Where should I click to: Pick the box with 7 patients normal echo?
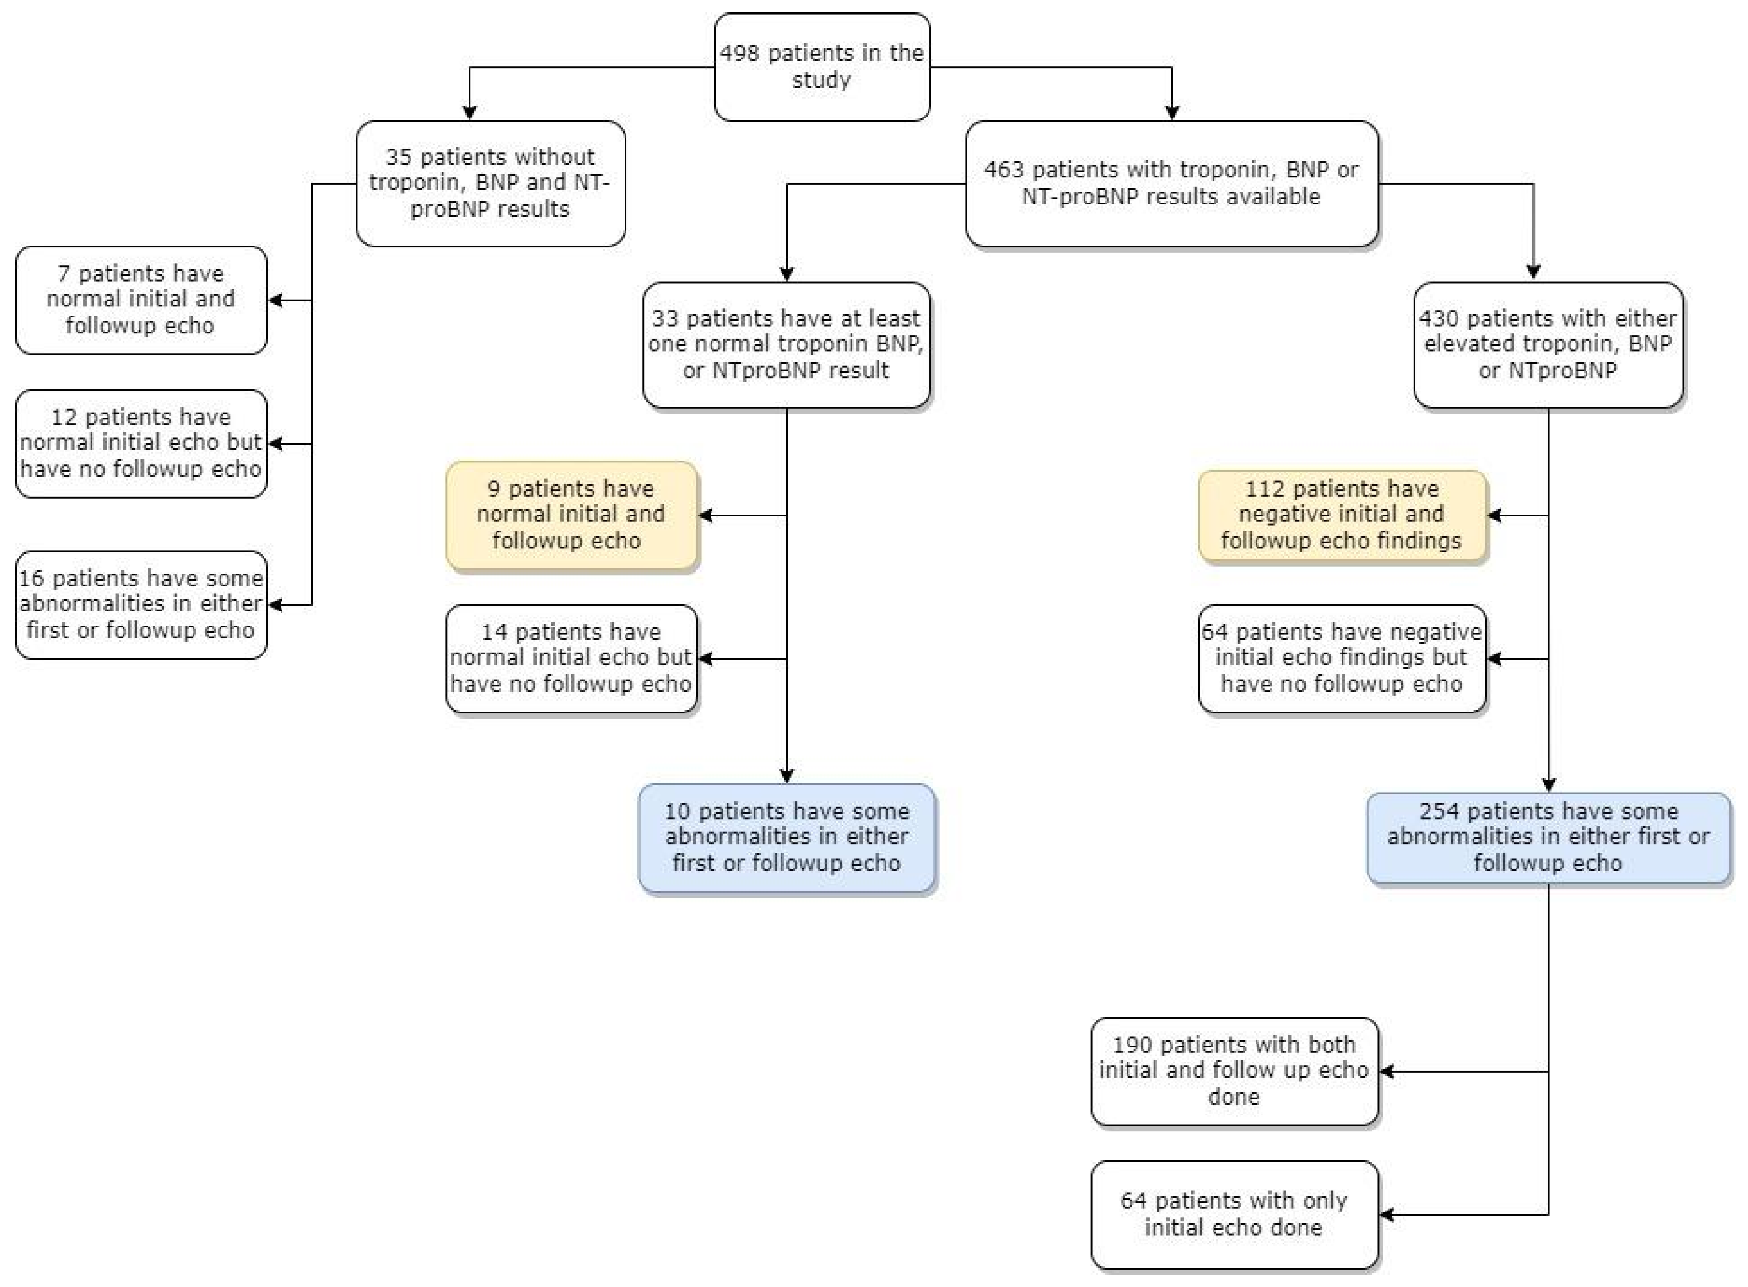(x=141, y=300)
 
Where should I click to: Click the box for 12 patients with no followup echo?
(x=141, y=443)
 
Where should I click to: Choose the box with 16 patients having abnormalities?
(x=141, y=605)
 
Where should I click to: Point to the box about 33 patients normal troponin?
(x=786, y=344)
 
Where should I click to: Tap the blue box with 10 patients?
(x=786, y=837)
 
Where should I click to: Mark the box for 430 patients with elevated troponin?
(x=1548, y=344)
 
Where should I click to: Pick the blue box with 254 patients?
(x=1548, y=837)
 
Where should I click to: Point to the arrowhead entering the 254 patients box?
(x=1548, y=785)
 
